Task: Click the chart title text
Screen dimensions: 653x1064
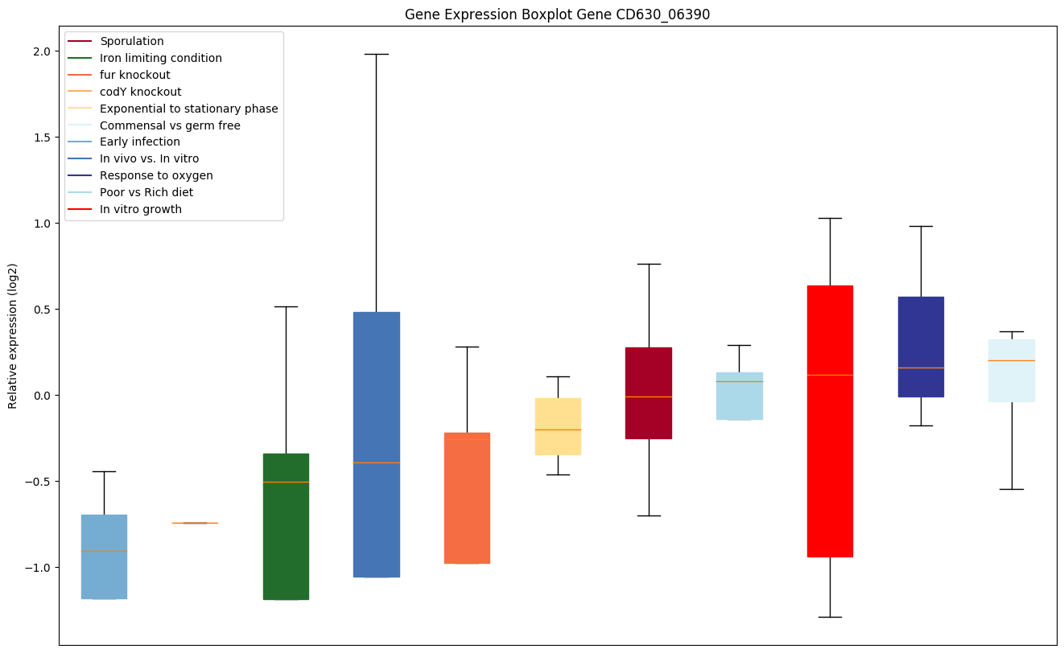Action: point(557,14)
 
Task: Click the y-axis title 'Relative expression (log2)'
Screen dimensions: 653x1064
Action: point(13,335)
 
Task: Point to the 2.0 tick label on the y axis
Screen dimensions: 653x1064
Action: point(41,51)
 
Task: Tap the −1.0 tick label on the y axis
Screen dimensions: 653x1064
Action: point(38,568)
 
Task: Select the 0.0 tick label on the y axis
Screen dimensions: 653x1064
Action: point(41,396)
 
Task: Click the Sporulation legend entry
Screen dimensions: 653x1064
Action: point(131,41)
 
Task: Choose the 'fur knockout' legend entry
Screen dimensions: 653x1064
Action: point(134,75)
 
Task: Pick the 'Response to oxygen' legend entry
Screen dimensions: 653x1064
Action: point(155,175)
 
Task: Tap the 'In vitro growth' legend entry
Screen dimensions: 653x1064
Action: point(140,209)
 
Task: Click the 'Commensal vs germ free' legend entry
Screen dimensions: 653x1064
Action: point(169,125)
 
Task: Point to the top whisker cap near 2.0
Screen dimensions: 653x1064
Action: point(377,54)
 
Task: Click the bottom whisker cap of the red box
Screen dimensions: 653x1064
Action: point(830,617)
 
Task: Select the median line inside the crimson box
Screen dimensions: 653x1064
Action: point(649,396)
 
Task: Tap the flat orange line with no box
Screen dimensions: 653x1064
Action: point(195,523)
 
